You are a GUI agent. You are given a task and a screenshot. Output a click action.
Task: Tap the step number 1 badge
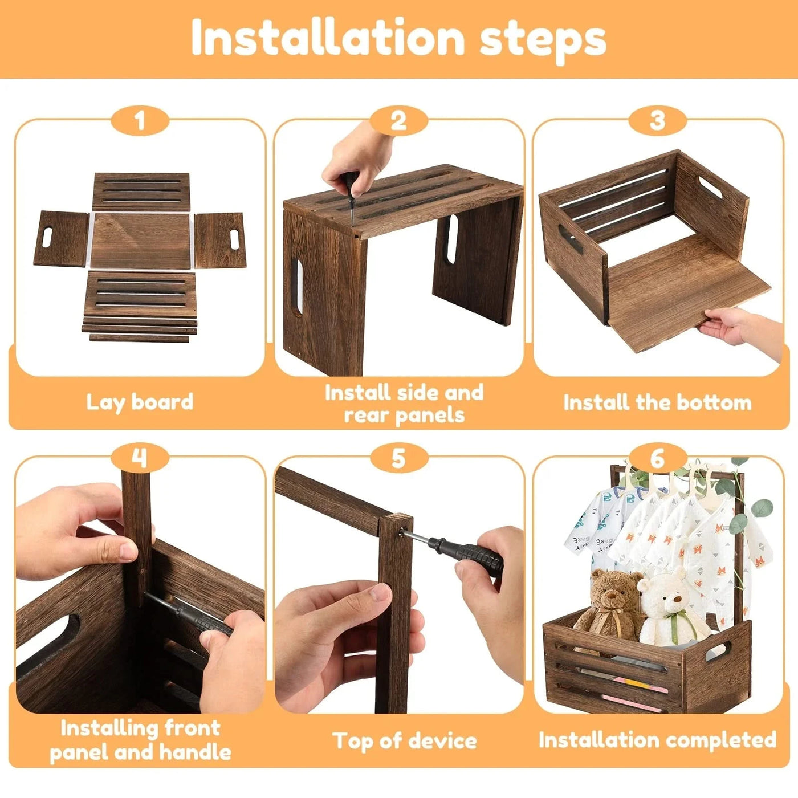click(x=140, y=121)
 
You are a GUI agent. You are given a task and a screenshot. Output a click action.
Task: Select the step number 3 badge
click(x=657, y=121)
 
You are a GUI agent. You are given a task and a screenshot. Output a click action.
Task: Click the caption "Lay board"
click(x=140, y=402)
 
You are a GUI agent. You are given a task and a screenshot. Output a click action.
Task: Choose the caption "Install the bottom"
click(x=657, y=402)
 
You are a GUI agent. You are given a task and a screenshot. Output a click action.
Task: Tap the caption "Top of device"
click(x=404, y=740)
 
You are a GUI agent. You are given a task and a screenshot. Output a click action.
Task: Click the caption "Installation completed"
click(x=657, y=740)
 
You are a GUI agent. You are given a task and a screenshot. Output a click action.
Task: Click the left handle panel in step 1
click(x=62, y=238)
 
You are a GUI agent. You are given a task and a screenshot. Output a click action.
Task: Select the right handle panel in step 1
click(x=219, y=239)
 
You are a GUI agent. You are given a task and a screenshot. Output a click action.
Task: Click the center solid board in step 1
click(x=140, y=241)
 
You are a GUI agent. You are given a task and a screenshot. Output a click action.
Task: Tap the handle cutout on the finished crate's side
click(x=718, y=650)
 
